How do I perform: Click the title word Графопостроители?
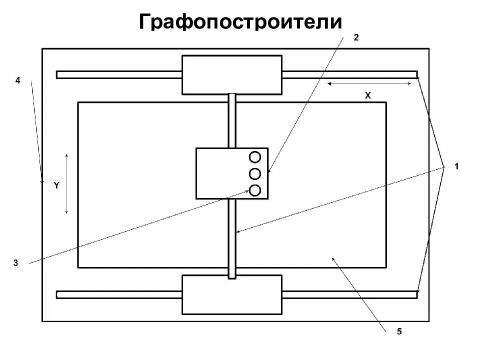coord(240,22)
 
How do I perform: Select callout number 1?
coord(456,166)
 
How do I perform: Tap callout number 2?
coord(356,37)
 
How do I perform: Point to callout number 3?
coord(16,263)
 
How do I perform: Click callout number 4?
coord(17,80)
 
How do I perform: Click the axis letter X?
coord(367,95)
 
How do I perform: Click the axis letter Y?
coord(56,185)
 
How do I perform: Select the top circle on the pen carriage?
coord(255,157)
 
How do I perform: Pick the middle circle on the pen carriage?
coord(255,173)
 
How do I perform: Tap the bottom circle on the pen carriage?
coord(255,190)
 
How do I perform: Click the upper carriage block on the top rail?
coord(231,75)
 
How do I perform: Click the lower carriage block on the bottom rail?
coord(231,294)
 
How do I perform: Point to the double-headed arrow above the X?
coord(369,84)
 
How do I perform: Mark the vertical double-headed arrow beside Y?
coord(67,184)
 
